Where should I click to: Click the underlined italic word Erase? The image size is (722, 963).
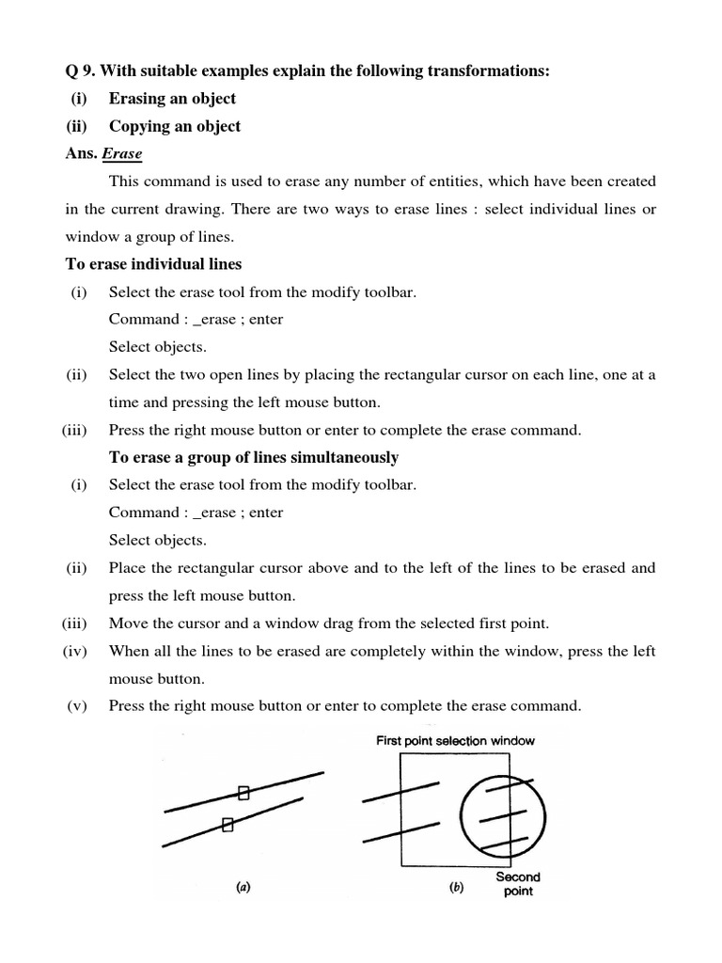pos(122,153)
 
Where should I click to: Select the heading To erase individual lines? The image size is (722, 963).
pos(153,263)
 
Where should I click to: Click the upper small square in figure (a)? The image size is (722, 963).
pos(243,793)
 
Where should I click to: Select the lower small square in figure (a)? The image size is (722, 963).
pos(227,825)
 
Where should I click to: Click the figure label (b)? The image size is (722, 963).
pos(458,887)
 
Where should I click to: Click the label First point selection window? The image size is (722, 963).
pos(456,741)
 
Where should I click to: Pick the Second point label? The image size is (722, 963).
pos(518,884)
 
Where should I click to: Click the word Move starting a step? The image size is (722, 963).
pos(129,623)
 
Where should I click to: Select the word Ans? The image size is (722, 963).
pos(81,153)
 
